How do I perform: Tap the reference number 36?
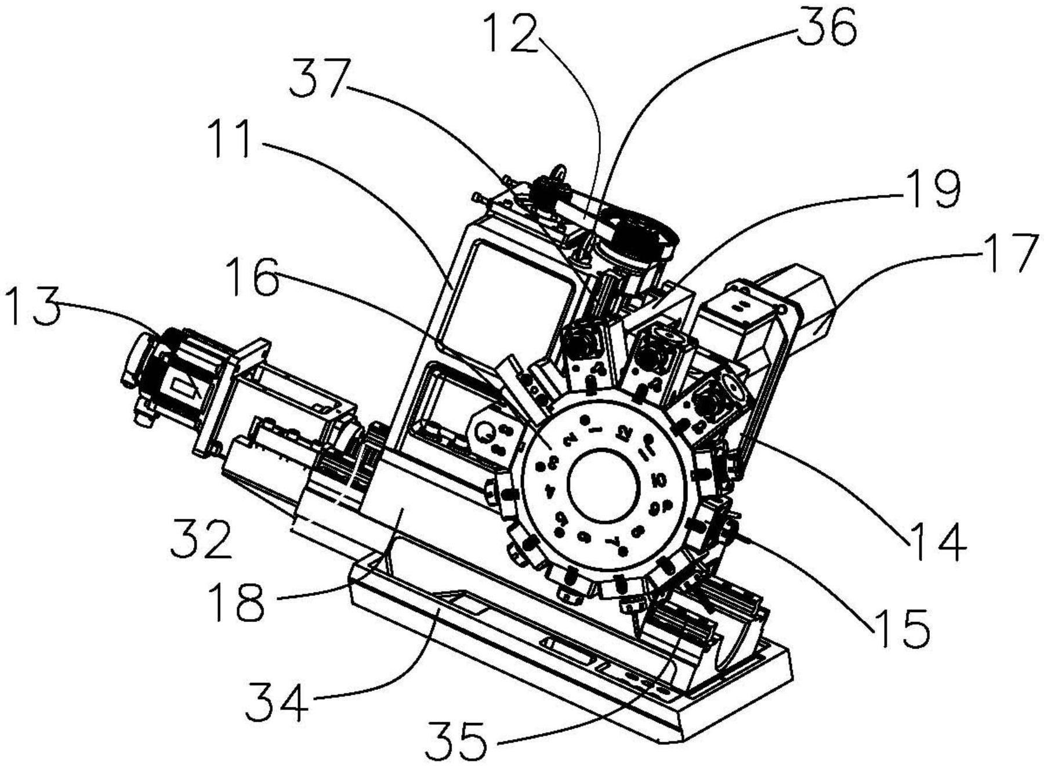pos(827,27)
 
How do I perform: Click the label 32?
pos(201,539)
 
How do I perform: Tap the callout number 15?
pos(903,628)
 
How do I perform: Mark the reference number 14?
pos(937,542)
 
